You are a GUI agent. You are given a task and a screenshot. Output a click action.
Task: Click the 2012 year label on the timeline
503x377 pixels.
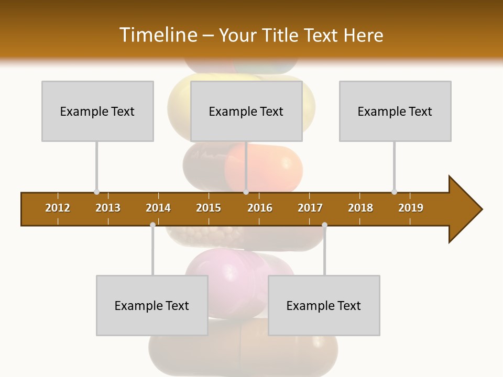(58, 208)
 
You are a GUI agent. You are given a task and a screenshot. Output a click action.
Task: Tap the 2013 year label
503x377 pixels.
(108, 208)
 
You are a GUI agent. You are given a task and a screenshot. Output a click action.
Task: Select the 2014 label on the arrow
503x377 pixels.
(158, 208)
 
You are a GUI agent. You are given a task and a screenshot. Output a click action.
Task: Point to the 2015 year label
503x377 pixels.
(209, 208)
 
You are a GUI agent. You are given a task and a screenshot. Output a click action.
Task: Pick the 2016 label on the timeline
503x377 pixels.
(260, 208)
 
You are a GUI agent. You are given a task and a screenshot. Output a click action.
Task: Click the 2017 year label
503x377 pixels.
(310, 208)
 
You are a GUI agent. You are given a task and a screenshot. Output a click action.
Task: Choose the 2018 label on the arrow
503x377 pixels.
(360, 208)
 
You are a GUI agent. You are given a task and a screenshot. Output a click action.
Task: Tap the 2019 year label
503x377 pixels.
(411, 208)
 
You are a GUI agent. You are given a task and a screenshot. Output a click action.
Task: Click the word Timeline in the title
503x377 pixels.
(157, 35)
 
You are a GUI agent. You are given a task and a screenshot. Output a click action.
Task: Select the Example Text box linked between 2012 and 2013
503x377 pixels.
(97, 111)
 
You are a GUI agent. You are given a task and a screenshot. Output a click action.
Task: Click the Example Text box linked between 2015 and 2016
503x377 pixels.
(246, 111)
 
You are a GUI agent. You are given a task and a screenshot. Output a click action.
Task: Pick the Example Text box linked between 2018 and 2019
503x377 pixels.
(395, 111)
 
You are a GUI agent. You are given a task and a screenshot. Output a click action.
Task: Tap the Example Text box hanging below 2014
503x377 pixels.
(152, 305)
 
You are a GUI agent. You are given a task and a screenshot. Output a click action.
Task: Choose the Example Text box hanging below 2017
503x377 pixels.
(324, 305)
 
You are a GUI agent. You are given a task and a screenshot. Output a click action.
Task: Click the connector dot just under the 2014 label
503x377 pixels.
(152, 225)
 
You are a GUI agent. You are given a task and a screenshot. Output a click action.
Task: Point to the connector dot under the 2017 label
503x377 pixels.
(324, 225)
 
